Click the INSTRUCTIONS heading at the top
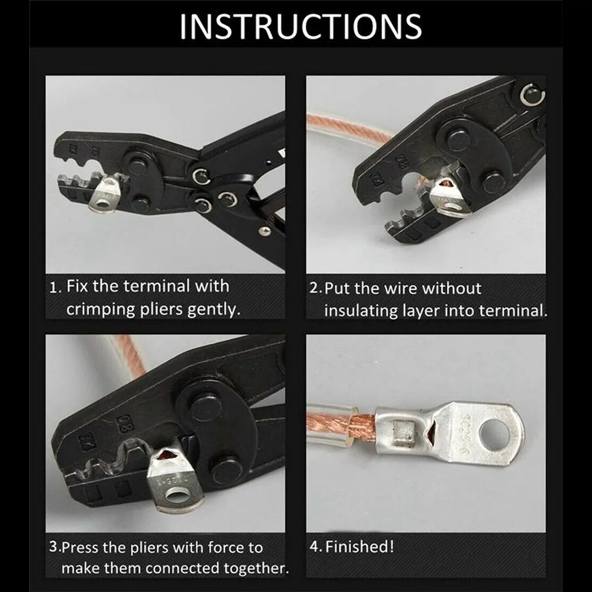pyautogui.click(x=300, y=26)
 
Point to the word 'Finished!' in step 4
pyautogui.click(x=360, y=546)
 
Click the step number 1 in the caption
pyautogui.click(x=54, y=287)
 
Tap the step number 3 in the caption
pyautogui.click(x=54, y=546)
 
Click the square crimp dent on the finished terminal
pyautogui.click(x=405, y=431)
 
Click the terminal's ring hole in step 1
pyautogui.click(x=102, y=204)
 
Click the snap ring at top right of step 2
pyautogui.click(x=532, y=95)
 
